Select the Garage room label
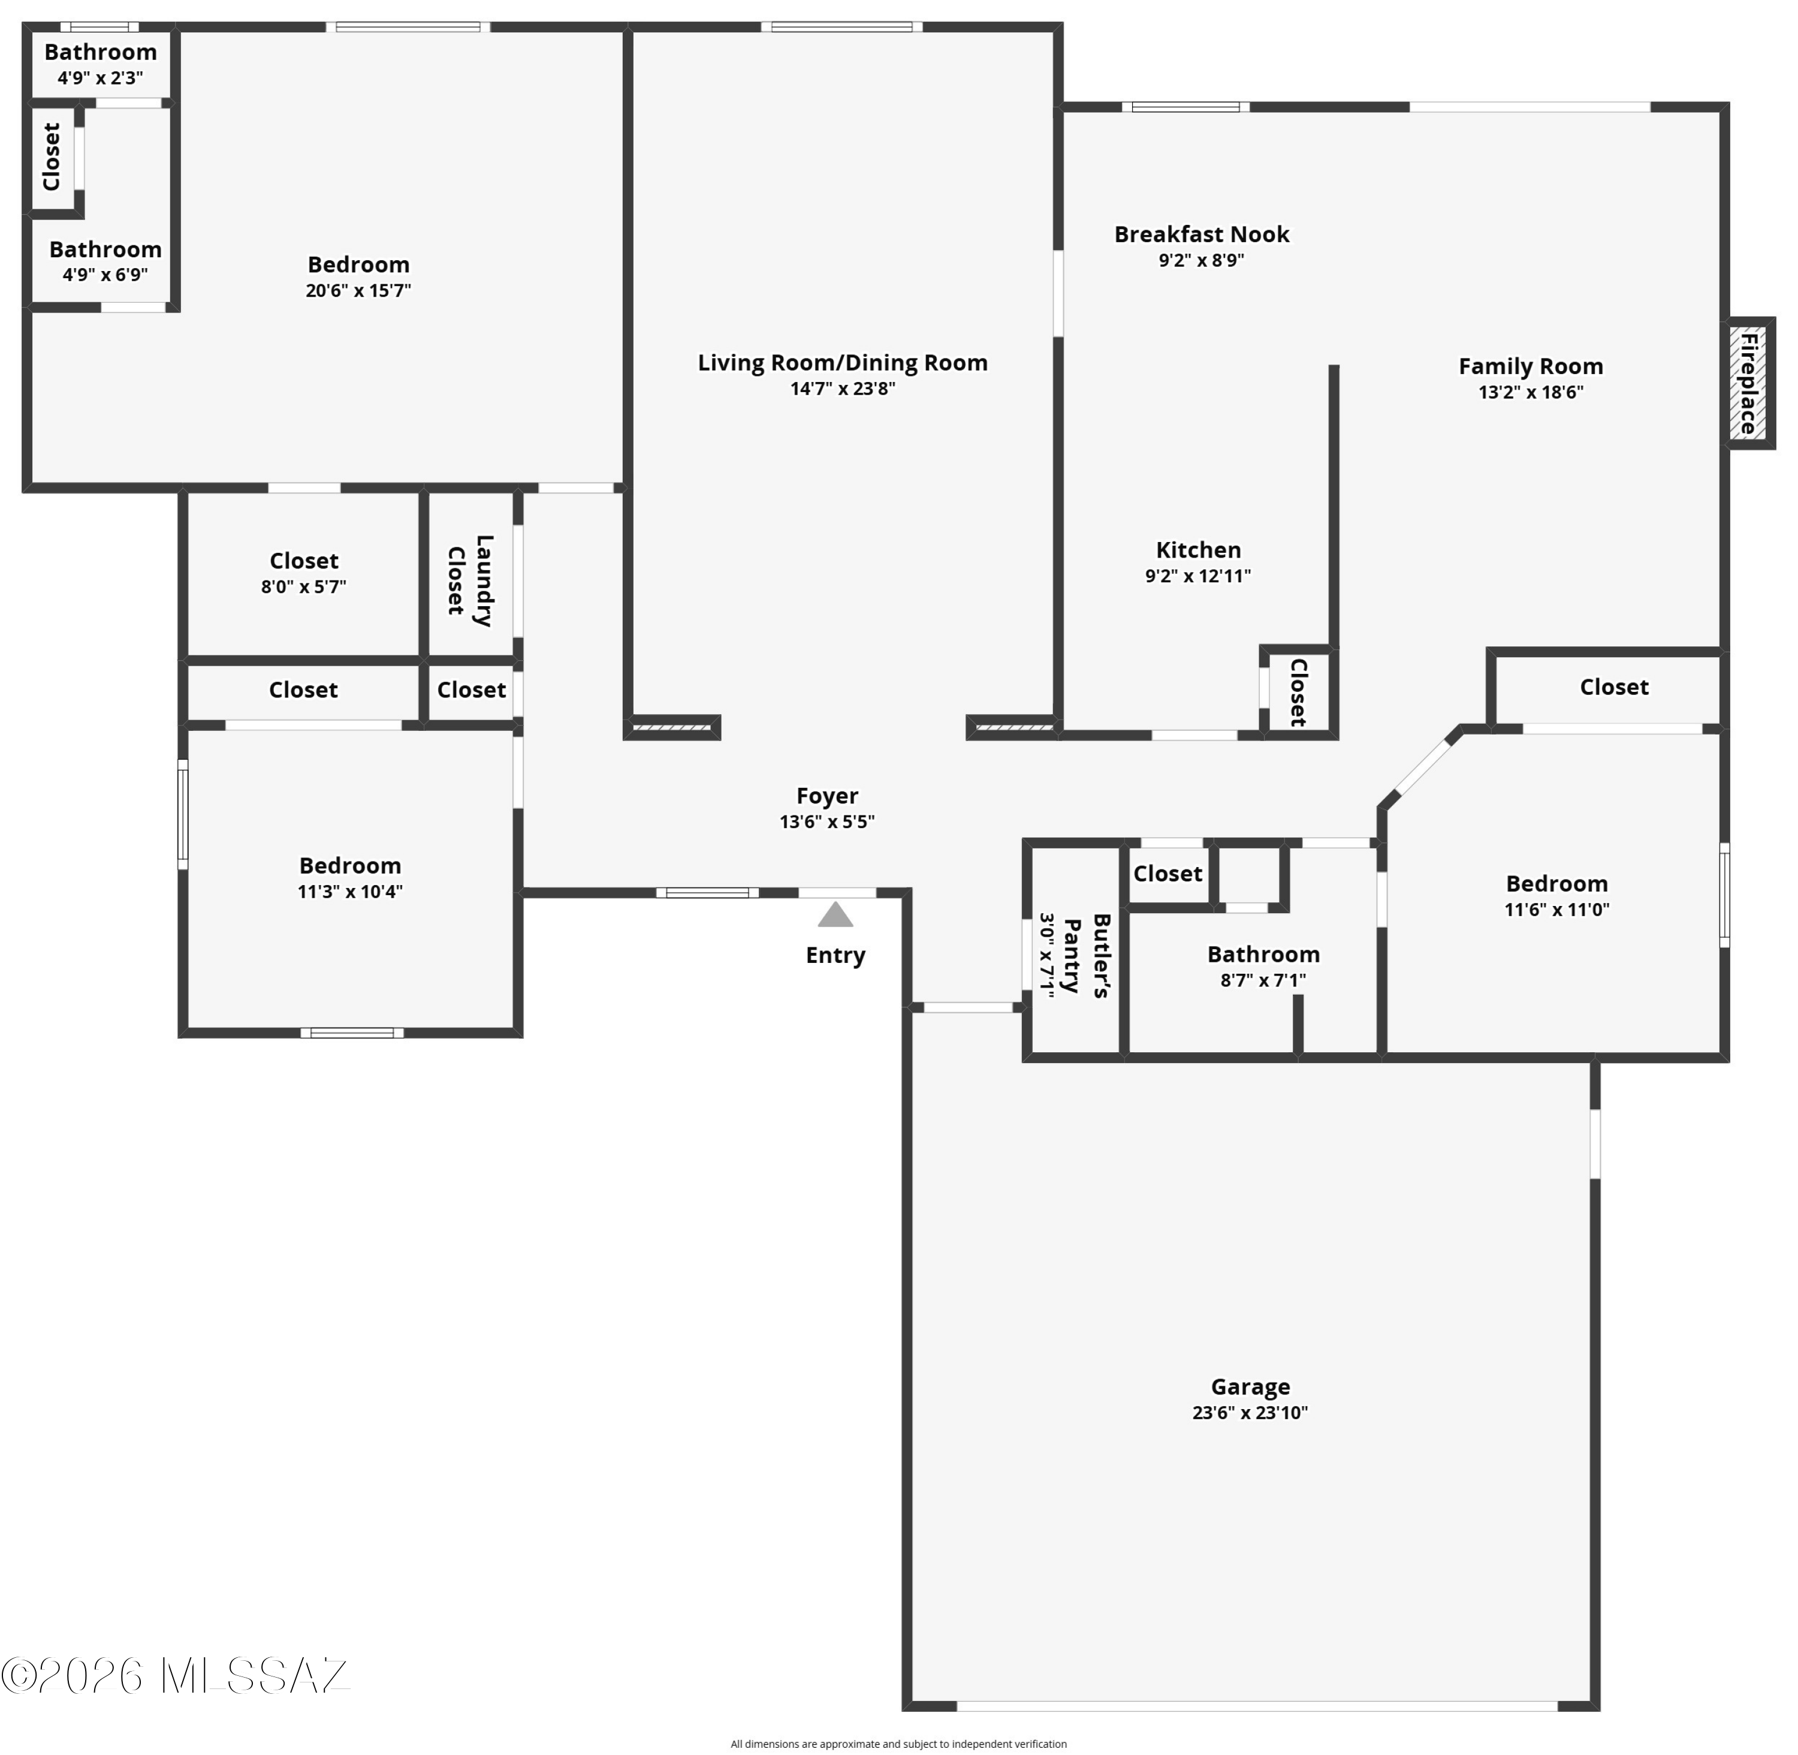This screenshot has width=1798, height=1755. pyautogui.click(x=1251, y=1387)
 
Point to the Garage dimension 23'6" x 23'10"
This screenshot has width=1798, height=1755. pyautogui.click(x=1251, y=1413)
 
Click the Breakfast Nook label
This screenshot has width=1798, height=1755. pyautogui.click(x=1202, y=234)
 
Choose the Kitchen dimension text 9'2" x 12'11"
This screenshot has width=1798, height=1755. pyautogui.click(x=1198, y=576)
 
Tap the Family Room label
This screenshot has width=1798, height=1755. pyautogui.click(x=1531, y=367)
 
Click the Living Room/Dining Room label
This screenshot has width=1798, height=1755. pyautogui.click(x=842, y=363)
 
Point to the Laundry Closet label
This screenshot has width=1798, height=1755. pyautogui.click(x=470, y=580)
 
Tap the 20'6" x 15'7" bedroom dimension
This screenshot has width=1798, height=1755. pyautogui.click(x=358, y=290)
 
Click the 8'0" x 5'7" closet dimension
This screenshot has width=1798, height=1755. pyautogui.click(x=303, y=586)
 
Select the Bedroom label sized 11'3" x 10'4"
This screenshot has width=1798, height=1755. pyautogui.click(x=350, y=866)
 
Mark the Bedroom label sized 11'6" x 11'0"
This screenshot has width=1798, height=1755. pyautogui.click(x=1556, y=884)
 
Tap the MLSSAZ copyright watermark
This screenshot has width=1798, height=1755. pyautogui.click(x=175, y=1676)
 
